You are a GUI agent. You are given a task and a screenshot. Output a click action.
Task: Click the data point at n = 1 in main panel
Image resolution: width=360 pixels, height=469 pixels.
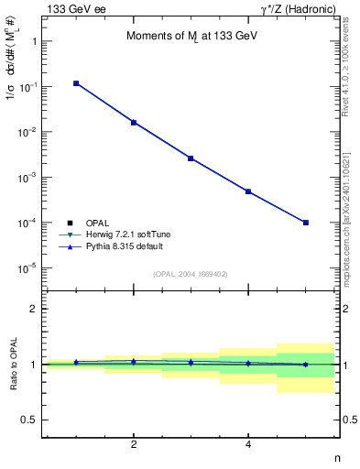pyautogui.click(x=77, y=83)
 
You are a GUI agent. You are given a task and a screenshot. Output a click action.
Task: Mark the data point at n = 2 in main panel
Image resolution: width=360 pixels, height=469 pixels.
pyautogui.click(x=134, y=122)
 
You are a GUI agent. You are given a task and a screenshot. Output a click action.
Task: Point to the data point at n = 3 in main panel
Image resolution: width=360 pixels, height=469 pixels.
pyautogui.click(x=191, y=158)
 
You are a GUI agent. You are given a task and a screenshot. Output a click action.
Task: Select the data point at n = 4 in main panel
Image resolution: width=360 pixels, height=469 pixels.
pyautogui.click(x=248, y=191)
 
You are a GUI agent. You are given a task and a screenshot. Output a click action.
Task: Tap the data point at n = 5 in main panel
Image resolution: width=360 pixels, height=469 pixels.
pyautogui.click(x=305, y=223)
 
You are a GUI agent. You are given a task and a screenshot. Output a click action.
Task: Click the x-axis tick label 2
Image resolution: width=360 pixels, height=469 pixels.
pyautogui.click(x=134, y=444)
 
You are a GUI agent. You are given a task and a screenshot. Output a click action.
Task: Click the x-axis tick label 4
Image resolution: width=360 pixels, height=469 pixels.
pyautogui.click(x=248, y=444)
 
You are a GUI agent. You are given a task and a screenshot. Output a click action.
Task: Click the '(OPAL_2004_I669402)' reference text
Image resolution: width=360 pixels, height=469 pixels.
pyautogui.click(x=190, y=273)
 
